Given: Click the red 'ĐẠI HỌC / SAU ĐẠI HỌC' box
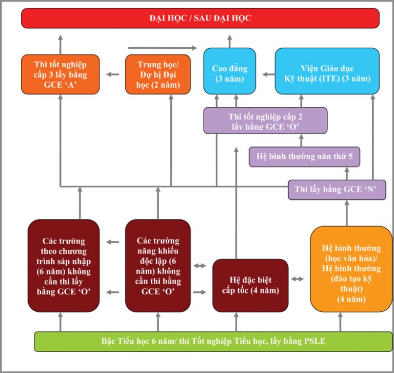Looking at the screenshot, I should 200,18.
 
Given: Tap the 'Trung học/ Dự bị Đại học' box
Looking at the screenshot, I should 157,74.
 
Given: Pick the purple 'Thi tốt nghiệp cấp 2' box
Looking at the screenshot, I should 265,121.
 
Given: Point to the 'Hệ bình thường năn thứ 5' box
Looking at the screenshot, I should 304,157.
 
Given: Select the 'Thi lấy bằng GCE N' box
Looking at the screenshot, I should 336,190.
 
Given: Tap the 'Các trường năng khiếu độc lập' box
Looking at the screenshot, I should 158,266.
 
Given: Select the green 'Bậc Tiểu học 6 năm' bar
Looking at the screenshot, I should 213,341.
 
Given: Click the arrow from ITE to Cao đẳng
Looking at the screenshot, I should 267,74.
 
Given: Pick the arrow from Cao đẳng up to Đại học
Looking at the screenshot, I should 229,40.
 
